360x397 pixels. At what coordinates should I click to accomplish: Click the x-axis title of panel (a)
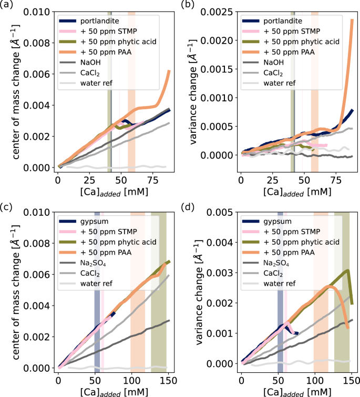coord(112,193)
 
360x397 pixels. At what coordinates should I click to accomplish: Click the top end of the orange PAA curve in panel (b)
coord(352,20)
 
